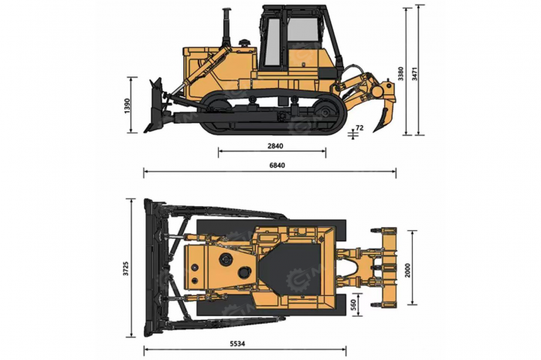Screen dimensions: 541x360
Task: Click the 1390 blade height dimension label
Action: tap(128, 106)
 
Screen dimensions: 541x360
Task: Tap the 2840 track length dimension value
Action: tap(275, 146)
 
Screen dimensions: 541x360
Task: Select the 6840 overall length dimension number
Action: tap(277, 165)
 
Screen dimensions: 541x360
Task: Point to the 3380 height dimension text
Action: tap(400, 73)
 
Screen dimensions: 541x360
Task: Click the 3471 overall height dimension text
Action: tap(414, 73)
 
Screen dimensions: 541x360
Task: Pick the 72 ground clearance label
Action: tap(359, 128)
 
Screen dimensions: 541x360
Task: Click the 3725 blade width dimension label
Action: tap(126, 268)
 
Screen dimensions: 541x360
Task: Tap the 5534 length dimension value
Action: tap(237, 344)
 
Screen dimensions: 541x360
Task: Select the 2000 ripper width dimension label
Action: tap(407, 270)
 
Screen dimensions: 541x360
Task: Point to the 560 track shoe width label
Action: tap(353, 305)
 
